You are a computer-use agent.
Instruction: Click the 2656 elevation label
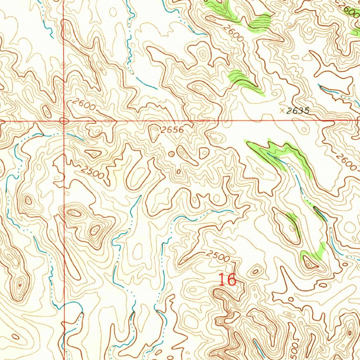[x=172, y=130]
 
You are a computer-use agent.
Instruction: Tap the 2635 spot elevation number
[x=297, y=111]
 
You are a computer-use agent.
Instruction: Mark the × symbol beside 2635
[x=282, y=110]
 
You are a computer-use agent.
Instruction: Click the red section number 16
[x=227, y=280]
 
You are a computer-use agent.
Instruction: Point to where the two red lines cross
[x=64, y=121]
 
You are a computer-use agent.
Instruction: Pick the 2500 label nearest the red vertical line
[x=92, y=172]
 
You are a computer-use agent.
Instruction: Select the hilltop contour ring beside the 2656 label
[x=154, y=132]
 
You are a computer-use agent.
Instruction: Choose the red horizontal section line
[x=211, y=121]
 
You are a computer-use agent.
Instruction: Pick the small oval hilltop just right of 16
[x=255, y=271]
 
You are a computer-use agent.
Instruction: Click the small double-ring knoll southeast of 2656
[x=171, y=154]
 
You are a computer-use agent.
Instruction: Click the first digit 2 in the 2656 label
[x=164, y=130]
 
